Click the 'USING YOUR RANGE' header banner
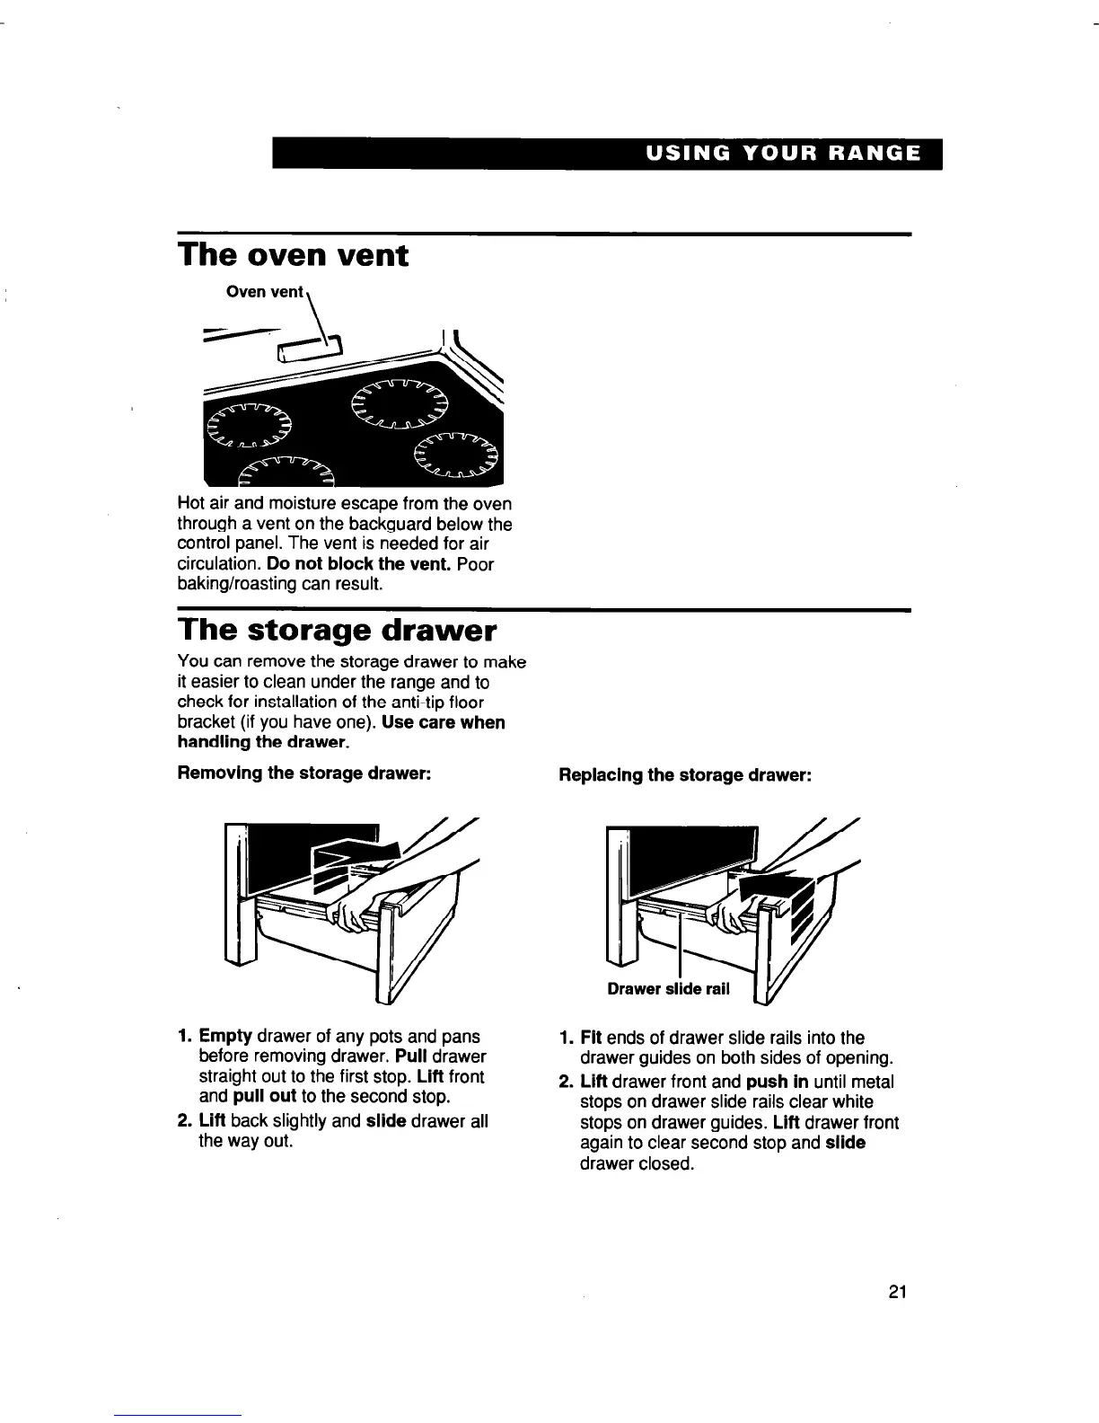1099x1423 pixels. pos(781,153)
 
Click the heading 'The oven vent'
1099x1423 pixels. pos(293,255)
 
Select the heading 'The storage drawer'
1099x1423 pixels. pos(337,630)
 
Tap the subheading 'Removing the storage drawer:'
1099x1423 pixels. pos(294,773)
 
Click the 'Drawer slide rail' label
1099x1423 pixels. pos(668,989)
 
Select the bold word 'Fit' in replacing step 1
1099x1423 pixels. pos(592,1038)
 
